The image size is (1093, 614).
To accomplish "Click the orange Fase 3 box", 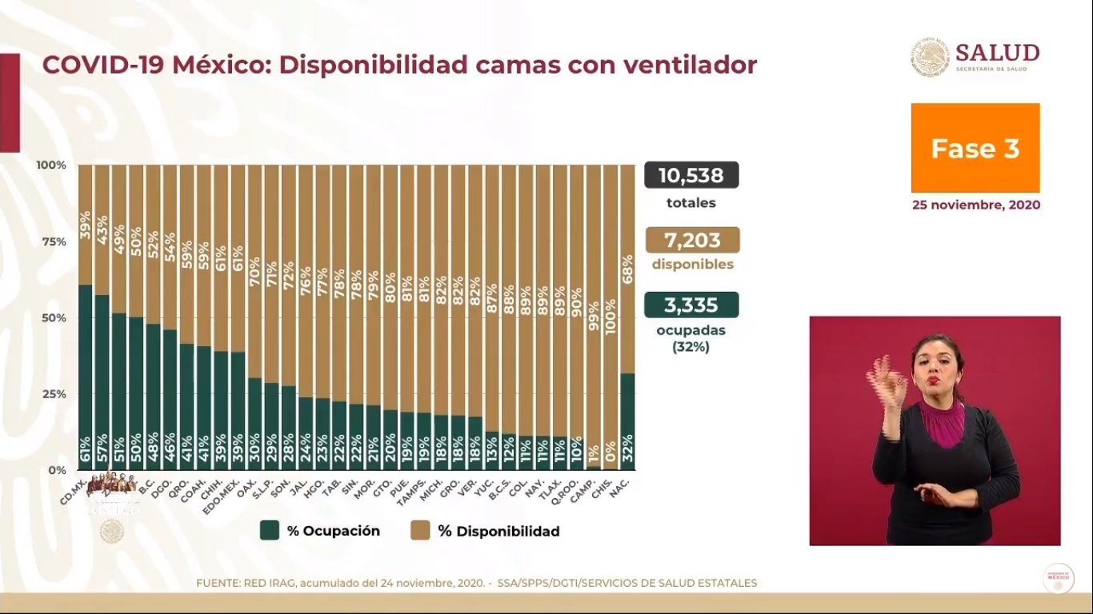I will (x=975, y=148).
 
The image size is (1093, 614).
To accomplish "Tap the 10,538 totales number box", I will (x=691, y=175).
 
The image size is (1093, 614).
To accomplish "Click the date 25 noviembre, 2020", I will (x=976, y=205).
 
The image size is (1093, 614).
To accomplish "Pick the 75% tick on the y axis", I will (x=54, y=241).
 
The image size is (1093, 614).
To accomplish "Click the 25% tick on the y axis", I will (x=54, y=394).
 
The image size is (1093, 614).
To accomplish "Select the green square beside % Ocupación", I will (x=270, y=531).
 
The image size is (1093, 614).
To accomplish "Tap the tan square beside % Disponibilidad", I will (x=420, y=531).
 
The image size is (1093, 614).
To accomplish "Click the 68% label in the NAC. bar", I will (x=628, y=269).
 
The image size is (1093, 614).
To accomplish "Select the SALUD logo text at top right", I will (x=997, y=53).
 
